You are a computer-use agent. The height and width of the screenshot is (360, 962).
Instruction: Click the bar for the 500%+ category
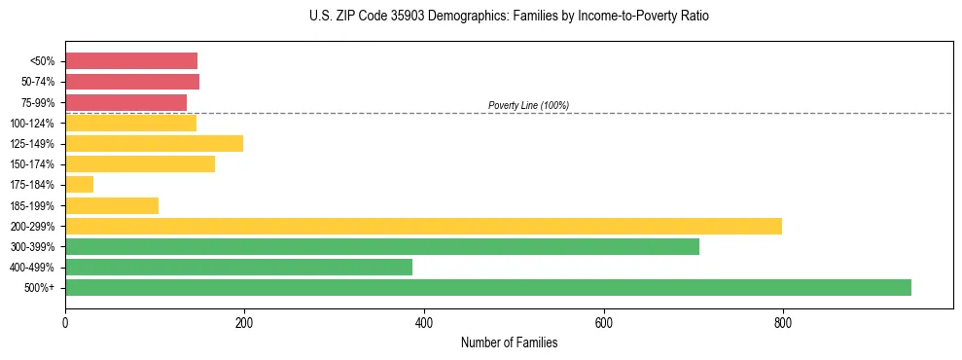click(x=487, y=287)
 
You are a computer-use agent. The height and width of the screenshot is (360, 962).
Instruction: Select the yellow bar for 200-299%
click(x=423, y=226)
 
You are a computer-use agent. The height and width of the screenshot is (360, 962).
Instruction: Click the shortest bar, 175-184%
click(x=79, y=184)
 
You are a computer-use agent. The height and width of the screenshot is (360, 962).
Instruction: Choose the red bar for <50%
click(x=131, y=60)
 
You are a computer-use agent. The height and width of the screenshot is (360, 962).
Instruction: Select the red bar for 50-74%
click(x=132, y=81)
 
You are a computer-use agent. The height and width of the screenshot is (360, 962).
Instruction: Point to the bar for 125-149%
click(x=154, y=143)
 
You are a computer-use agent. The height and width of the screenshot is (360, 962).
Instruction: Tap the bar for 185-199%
click(x=112, y=205)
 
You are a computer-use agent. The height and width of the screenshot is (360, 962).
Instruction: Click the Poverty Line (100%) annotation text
click(x=528, y=105)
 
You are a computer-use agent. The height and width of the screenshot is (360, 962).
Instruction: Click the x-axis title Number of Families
click(x=509, y=342)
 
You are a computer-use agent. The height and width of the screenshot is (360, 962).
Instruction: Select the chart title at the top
click(x=509, y=17)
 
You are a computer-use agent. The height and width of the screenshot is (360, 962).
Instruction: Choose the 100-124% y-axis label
click(x=36, y=123)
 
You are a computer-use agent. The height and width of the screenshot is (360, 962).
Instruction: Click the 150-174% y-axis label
click(x=36, y=164)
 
